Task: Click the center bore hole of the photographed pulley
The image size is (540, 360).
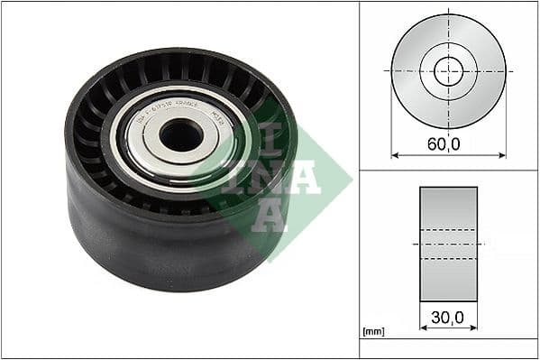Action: [x=181, y=135]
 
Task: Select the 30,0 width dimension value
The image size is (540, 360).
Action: [x=448, y=318]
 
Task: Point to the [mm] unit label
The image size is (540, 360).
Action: [x=371, y=332]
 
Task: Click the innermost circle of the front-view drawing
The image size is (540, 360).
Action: [x=448, y=70]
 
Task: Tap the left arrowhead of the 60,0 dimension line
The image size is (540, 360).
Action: [x=394, y=155]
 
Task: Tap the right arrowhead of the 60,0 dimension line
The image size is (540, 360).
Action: [x=502, y=155]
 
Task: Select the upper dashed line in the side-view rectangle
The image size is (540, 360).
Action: [x=448, y=229]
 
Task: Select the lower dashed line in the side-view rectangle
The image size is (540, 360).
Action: [x=448, y=258]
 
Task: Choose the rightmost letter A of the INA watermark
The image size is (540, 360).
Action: [x=306, y=177]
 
